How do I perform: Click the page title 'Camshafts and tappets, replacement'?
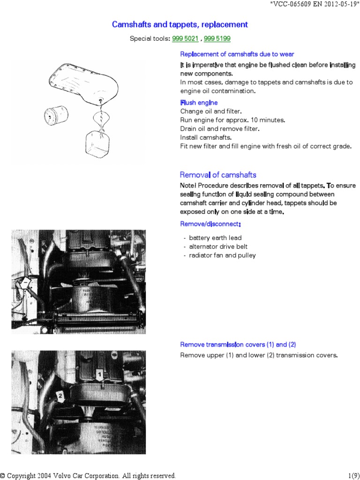(180, 24)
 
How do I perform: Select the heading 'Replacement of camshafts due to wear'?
(237, 54)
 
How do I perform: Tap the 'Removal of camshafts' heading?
(218, 175)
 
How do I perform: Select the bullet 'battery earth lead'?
(215, 238)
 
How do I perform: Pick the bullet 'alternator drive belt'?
(218, 247)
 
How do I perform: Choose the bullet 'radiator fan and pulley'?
(222, 255)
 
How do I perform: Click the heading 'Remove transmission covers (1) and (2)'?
(238, 345)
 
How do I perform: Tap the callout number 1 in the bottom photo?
(99, 374)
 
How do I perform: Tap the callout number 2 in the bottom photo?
(60, 396)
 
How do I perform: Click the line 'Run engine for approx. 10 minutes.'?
(232, 120)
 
